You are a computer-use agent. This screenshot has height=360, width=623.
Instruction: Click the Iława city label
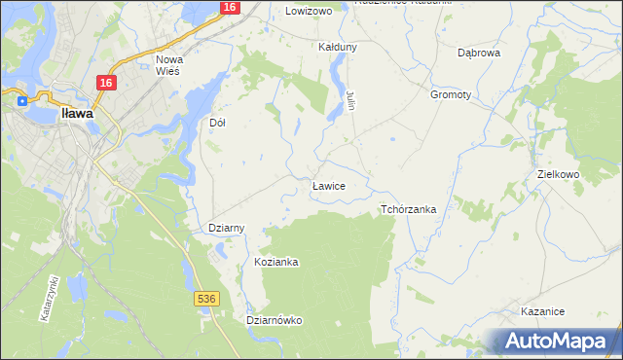(x=77, y=114)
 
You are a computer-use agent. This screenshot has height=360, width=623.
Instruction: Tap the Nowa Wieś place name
(x=176, y=65)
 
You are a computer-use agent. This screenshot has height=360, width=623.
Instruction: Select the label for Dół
(x=218, y=124)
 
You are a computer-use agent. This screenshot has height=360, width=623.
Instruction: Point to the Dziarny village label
(x=227, y=228)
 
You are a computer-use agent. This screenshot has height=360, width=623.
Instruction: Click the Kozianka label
(x=275, y=263)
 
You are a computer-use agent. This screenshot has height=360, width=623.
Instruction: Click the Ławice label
(x=328, y=185)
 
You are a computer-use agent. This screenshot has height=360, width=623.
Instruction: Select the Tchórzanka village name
(x=408, y=209)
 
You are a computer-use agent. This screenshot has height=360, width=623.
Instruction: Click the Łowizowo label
(x=309, y=11)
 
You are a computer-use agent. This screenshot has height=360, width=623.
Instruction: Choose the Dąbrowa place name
(x=479, y=53)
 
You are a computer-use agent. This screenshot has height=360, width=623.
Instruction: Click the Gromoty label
(x=450, y=95)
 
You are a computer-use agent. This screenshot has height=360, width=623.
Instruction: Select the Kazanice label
(x=543, y=311)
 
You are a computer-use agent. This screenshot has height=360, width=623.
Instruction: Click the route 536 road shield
(x=204, y=299)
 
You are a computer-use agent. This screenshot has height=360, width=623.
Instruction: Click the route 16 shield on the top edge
(x=229, y=7)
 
